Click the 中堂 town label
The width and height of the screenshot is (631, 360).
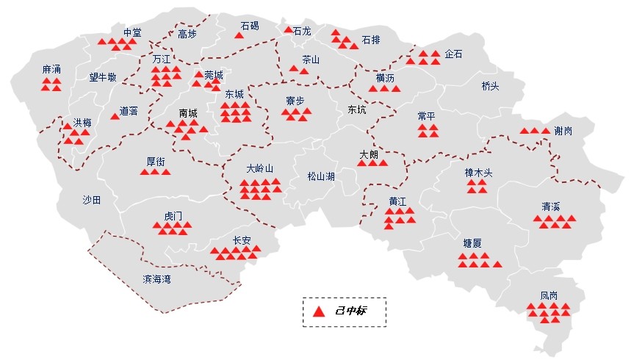point(132,32)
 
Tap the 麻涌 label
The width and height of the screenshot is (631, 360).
point(51,70)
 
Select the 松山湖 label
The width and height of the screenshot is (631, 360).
point(321,176)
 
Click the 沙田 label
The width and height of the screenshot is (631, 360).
point(91,199)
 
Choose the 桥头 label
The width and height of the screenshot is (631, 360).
point(490,86)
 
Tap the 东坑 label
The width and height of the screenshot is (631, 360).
point(356,109)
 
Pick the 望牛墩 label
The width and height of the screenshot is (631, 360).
point(103,76)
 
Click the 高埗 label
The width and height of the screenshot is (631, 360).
point(187,34)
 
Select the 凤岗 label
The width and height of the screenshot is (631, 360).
point(549,295)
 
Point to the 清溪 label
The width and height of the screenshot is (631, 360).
point(551,206)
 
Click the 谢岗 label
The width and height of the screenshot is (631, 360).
point(563,131)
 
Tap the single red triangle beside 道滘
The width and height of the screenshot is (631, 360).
point(114,116)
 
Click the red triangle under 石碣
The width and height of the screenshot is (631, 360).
point(239,35)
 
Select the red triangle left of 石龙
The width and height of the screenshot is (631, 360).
point(288,30)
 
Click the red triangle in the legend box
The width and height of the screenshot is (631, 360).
point(318,312)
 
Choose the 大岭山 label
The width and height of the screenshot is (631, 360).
point(259,168)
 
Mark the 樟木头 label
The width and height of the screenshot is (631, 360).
point(478,173)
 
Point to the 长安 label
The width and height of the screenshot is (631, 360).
point(242,240)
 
